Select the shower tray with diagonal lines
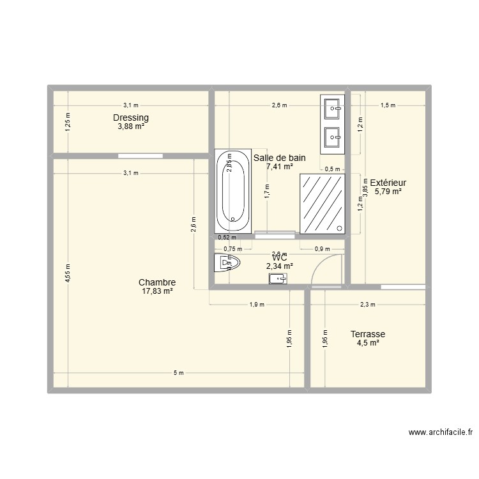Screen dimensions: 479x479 pos(323,202)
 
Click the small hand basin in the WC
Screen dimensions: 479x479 pos(278,279)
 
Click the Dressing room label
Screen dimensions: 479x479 pos(131,118)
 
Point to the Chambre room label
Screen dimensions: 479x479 pos(157,282)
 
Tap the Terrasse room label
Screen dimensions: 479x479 pos(368,334)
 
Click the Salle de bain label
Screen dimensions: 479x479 pos(280,158)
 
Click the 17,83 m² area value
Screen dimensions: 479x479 pos(157,291)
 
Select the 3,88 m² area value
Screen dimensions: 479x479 pos(131,126)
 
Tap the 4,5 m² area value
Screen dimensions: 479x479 pos(368,343)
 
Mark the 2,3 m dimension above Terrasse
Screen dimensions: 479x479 pos(368,305)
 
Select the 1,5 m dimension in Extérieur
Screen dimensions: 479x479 pos(388,105)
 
